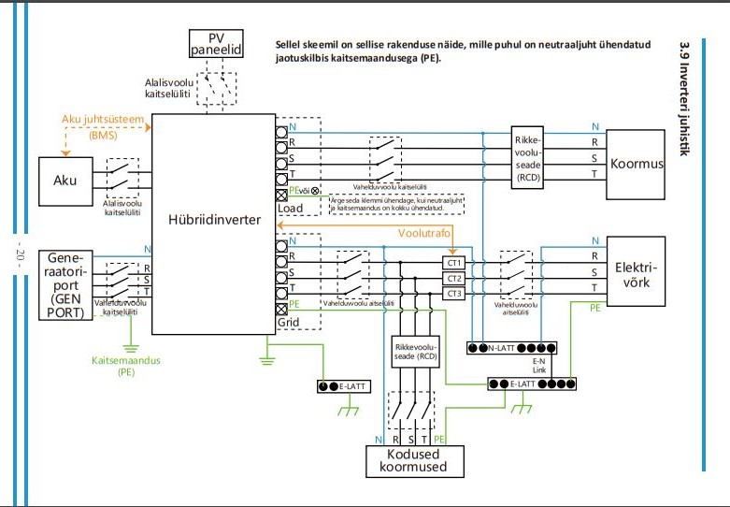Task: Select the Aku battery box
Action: coord(65,181)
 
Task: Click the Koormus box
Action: coord(637,164)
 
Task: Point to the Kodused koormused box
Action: coord(411,460)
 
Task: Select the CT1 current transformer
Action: coord(453,264)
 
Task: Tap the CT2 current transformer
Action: coord(453,279)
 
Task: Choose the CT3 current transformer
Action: coord(453,294)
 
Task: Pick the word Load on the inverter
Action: coord(291,207)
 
